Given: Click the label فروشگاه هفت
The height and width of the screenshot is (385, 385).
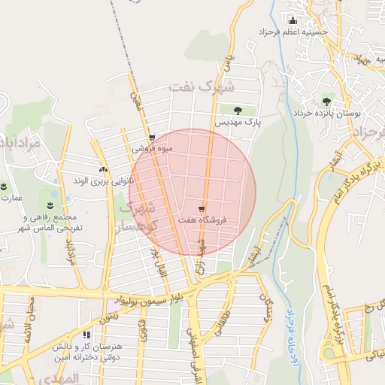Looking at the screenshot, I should [x=203, y=220].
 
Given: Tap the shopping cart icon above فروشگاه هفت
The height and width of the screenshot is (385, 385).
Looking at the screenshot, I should [x=202, y=209].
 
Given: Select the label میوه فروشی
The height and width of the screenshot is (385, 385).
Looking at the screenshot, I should [x=153, y=148].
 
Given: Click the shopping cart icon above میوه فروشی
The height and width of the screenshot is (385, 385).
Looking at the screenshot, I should [x=152, y=138].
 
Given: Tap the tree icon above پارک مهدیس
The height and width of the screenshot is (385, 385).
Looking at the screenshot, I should [x=239, y=111].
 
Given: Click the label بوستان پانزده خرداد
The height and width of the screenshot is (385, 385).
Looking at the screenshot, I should [x=338, y=112].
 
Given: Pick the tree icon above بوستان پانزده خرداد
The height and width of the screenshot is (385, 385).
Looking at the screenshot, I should [x=326, y=100].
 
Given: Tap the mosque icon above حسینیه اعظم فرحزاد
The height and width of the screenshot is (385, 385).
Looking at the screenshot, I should [x=293, y=20].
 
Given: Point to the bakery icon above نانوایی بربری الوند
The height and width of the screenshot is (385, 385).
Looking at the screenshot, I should [x=103, y=171].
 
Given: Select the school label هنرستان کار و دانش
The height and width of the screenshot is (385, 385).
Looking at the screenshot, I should [x=88, y=351].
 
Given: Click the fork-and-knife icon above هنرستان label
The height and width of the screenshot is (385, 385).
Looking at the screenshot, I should [x=87, y=335].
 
